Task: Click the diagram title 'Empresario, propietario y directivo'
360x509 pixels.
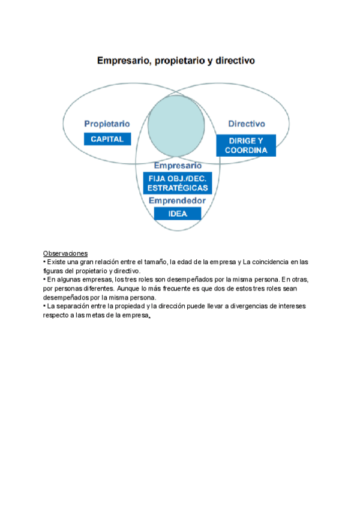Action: click(x=176, y=61)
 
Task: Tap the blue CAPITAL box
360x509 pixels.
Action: click(x=107, y=139)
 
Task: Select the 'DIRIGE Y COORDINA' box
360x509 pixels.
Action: click(x=245, y=146)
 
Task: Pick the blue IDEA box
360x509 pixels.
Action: click(x=177, y=214)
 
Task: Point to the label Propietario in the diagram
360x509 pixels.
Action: click(x=107, y=124)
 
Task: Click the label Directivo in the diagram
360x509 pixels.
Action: click(x=246, y=124)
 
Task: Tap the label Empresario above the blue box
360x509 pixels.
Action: click(x=178, y=165)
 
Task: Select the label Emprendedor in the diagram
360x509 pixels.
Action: click(x=177, y=201)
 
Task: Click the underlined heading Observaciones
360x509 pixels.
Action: click(x=65, y=253)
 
